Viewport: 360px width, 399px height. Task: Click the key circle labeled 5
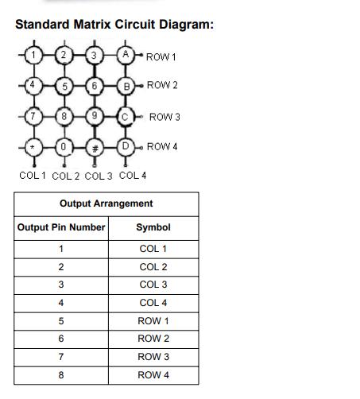point(64,86)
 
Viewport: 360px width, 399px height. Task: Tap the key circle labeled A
point(126,55)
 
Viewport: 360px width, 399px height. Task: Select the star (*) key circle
point(33,148)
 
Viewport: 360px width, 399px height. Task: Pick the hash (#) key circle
point(95,148)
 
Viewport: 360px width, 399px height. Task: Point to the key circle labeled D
point(126,147)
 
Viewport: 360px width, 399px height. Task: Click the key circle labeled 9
point(95,116)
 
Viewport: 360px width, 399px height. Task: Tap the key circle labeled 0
point(64,147)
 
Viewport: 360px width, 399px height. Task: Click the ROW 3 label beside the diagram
point(165,117)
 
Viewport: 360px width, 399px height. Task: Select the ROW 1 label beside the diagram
point(161,56)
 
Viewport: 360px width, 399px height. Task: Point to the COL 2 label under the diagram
point(66,176)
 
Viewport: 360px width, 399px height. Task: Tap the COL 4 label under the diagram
point(133,175)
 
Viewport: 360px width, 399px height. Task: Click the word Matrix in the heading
point(92,25)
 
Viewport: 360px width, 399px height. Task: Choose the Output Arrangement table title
point(106,203)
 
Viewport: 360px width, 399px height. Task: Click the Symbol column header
point(153,227)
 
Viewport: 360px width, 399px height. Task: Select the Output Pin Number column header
point(61,227)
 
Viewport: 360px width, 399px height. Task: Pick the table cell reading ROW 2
point(153,339)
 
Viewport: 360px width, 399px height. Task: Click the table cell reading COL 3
point(153,285)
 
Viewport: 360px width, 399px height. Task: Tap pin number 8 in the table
point(61,375)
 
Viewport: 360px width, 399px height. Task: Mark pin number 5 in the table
point(61,321)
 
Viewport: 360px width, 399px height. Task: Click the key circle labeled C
point(126,117)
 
